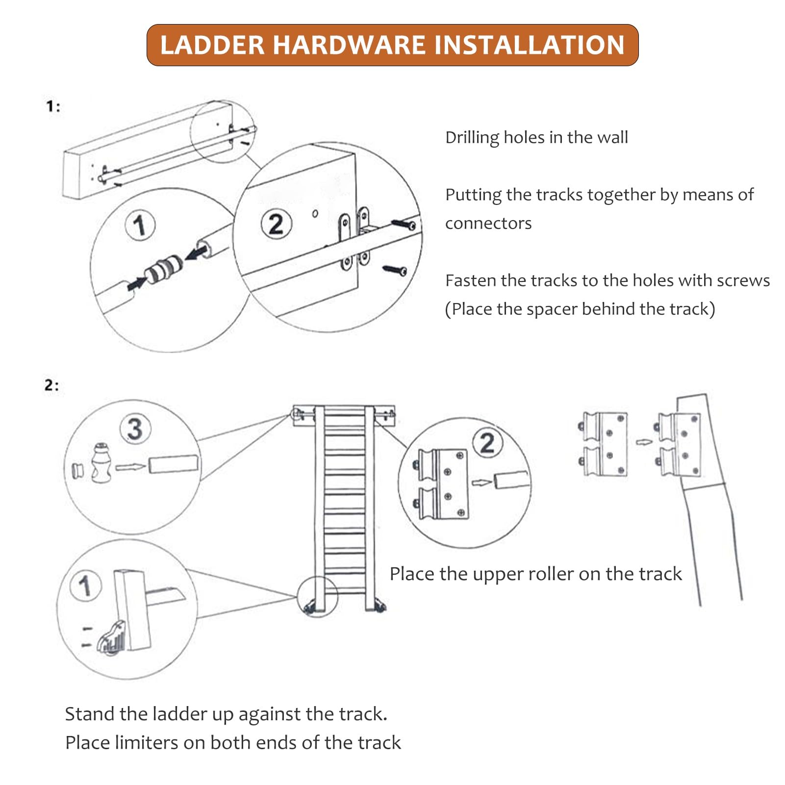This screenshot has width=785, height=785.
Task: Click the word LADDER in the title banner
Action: click(212, 45)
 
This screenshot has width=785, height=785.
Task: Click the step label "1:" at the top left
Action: click(53, 107)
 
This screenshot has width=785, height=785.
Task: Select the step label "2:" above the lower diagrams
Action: click(51, 385)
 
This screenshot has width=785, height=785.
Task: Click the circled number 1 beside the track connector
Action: click(140, 225)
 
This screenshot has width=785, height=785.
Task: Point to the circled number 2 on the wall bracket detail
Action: click(276, 224)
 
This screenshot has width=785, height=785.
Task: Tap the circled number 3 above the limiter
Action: click(135, 429)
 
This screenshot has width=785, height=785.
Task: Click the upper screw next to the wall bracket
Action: click(404, 225)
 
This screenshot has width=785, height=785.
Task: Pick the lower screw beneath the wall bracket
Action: click(395, 270)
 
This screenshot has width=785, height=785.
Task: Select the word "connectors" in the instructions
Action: click(488, 224)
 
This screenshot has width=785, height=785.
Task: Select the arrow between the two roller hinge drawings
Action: click(644, 442)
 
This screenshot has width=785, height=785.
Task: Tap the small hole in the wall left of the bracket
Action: click(315, 213)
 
